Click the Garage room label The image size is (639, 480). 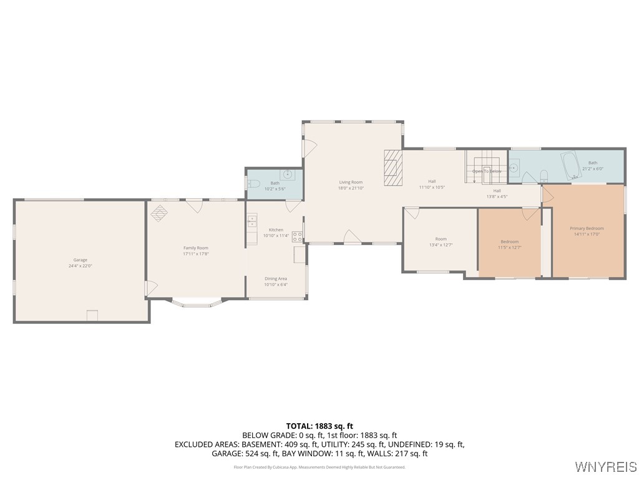80,259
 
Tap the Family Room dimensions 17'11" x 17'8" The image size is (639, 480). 195,254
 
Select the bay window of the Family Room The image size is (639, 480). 197,304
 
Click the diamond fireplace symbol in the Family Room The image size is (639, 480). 160,213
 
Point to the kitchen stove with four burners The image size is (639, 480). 298,236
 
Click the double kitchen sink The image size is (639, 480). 252,221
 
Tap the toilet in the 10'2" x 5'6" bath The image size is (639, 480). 253,184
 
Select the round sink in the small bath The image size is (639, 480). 288,174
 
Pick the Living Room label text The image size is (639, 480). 350,182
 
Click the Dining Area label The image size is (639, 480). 275,278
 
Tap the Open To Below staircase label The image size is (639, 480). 487,171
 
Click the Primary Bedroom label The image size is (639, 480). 587,228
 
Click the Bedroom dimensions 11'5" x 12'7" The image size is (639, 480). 509,247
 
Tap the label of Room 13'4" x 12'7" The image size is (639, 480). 441,239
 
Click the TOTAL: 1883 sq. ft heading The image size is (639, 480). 319,426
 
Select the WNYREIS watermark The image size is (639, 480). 605,466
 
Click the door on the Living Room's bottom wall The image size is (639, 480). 352,237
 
